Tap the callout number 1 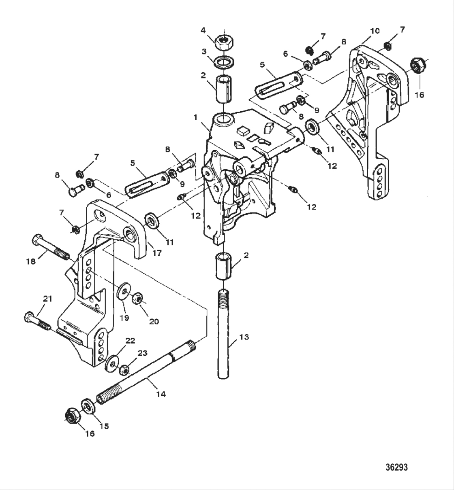tap(196, 117)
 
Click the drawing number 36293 tap(396, 467)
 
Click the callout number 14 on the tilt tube tap(161, 393)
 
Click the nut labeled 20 tap(138, 299)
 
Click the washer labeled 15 tap(88, 405)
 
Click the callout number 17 tap(157, 253)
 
